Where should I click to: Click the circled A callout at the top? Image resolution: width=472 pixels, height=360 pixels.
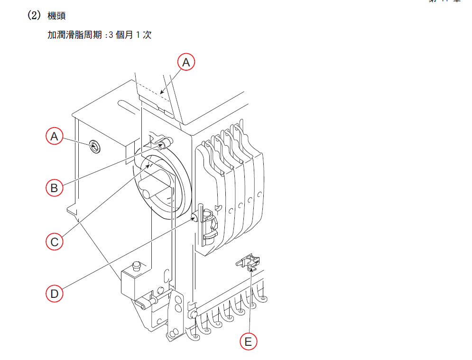click(x=186, y=62)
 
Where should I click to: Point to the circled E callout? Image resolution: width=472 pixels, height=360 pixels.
click(x=248, y=341)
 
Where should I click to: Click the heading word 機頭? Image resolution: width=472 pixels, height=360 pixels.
click(x=57, y=16)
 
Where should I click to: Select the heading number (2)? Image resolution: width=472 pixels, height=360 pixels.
click(x=35, y=16)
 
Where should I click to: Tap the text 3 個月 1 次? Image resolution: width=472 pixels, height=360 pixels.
click(x=130, y=35)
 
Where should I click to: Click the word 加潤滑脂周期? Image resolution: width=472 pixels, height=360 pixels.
click(x=75, y=35)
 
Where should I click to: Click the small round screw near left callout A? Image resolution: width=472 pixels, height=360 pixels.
click(x=94, y=148)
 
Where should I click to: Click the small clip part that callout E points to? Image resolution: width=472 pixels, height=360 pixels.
click(x=250, y=262)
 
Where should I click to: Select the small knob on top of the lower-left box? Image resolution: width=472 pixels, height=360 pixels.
click(x=138, y=264)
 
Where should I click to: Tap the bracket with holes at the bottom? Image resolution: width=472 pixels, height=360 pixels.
click(x=176, y=315)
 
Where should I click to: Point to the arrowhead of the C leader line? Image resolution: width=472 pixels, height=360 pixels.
click(x=151, y=165)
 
